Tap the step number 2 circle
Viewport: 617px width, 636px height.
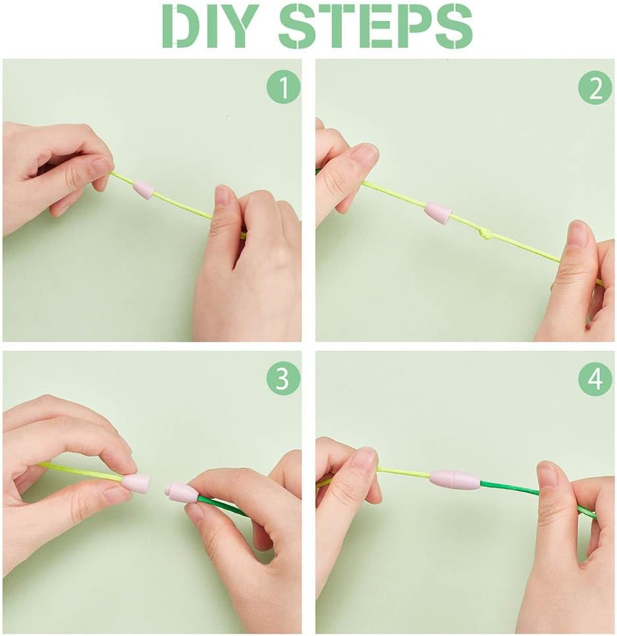click(595, 89)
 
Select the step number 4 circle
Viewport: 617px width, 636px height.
click(595, 380)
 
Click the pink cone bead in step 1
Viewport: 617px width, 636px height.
click(144, 190)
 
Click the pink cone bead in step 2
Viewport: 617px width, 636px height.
click(437, 213)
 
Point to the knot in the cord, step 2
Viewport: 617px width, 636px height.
click(487, 233)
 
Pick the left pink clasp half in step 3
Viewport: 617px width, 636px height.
click(137, 484)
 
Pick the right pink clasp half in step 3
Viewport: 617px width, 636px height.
click(180, 492)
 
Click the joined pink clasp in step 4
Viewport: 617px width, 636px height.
click(454, 479)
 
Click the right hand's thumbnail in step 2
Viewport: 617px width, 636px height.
click(578, 234)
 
